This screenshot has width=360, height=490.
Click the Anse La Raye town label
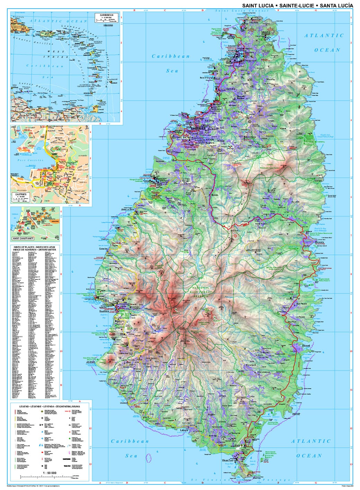click(127, 210)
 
